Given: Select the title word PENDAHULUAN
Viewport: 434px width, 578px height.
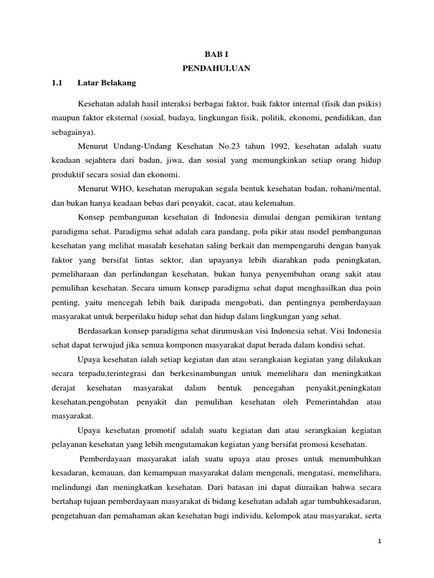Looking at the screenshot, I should tap(216, 69).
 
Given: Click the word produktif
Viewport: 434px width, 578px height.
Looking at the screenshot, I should tap(67, 174).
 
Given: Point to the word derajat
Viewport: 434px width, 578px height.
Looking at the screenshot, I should tap(62, 388).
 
